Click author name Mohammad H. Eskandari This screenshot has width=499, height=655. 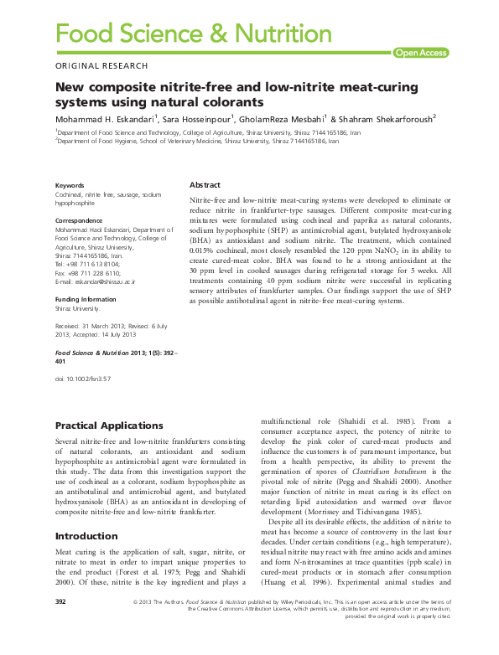tap(105, 119)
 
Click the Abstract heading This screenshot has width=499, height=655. tap(205, 184)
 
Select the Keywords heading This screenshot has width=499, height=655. tap(70, 185)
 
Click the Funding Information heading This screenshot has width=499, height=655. tap(86, 299)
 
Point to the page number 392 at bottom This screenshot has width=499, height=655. tap(60, 626)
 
